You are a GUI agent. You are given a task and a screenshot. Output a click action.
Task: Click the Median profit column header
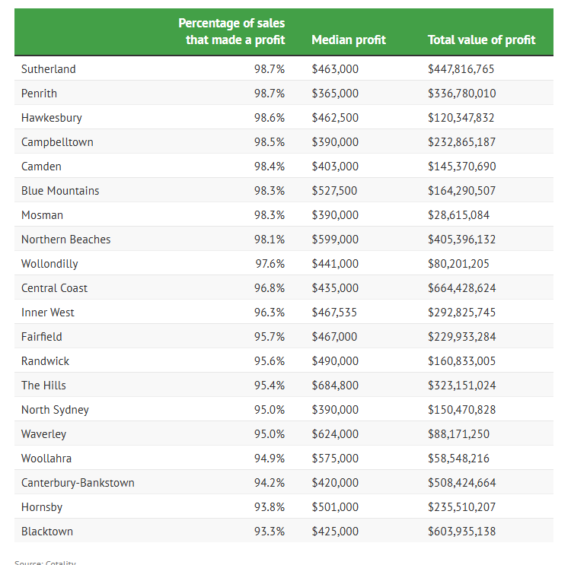[x=348, y=40]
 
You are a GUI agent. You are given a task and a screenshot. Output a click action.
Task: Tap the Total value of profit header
[x=481, y=40]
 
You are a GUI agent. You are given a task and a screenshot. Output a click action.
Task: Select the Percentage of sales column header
[x=231, y=31]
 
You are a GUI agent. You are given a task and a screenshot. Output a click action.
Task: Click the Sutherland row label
[x=49, y=68]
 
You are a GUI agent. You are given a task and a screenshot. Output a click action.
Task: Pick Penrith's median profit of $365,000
[x=335, y=93]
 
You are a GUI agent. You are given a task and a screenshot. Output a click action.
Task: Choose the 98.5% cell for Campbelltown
[x=270, y=141]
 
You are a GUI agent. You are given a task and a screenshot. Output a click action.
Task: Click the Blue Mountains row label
[x=60, y=190]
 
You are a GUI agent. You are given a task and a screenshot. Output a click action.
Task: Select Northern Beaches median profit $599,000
[x=335, y=239]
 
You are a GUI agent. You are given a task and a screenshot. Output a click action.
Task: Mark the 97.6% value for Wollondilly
[x=270, y=263]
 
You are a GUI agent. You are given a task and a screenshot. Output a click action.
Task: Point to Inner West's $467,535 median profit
[x=335, y=312]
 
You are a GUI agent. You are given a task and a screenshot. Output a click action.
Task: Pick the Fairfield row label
[x=42, y=336]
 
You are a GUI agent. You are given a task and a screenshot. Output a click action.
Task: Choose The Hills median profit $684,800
[x=335, y=385]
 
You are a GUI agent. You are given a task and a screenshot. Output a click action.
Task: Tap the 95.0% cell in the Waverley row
[x=270, y=433]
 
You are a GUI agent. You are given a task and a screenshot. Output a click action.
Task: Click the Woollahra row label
[x=46, y=458]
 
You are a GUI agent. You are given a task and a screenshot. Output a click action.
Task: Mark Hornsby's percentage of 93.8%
[x=270, y=506]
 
